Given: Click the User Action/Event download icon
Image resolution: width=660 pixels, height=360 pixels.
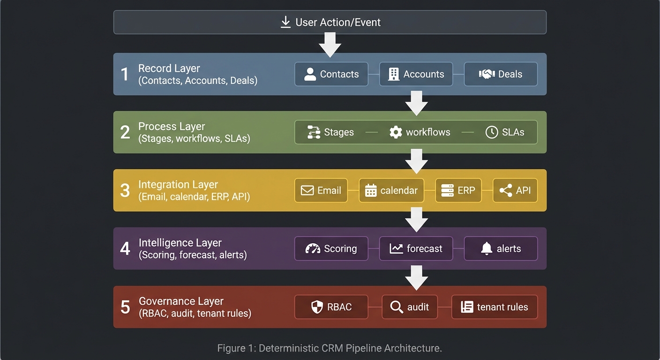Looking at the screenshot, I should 285,22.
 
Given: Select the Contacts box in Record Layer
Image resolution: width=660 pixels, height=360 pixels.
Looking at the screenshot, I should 331,74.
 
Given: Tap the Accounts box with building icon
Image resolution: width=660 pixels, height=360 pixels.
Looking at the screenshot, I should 416,74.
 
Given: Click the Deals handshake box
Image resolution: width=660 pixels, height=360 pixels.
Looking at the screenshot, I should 501,74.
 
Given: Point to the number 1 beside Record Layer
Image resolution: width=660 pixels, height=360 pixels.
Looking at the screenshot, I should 125,74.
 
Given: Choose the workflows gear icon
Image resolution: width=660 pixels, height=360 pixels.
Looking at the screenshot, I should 396,132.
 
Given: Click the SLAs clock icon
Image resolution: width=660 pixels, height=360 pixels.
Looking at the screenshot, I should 491,132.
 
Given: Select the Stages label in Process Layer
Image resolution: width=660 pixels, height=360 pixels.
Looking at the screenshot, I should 338,132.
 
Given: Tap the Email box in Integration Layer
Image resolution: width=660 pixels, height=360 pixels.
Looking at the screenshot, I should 321,190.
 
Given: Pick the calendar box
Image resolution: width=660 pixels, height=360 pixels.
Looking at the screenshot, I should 391,190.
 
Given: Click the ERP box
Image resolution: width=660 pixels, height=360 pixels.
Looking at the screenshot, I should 458,190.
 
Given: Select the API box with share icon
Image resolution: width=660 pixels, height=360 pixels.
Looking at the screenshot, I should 515,190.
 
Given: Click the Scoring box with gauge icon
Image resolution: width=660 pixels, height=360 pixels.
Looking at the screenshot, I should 331,248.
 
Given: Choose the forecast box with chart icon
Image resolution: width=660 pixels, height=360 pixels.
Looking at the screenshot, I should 416,248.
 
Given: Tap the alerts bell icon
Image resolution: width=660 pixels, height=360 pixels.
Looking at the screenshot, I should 487,248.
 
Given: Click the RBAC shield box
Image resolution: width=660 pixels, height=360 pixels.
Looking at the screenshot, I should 331,307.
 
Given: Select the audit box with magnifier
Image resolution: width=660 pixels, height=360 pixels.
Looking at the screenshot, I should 410,307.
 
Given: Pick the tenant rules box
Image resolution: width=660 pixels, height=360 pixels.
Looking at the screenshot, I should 495,307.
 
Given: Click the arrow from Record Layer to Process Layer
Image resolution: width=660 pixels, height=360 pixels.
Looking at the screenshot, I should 416,103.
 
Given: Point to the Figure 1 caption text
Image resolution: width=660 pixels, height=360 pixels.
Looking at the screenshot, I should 330,348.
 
